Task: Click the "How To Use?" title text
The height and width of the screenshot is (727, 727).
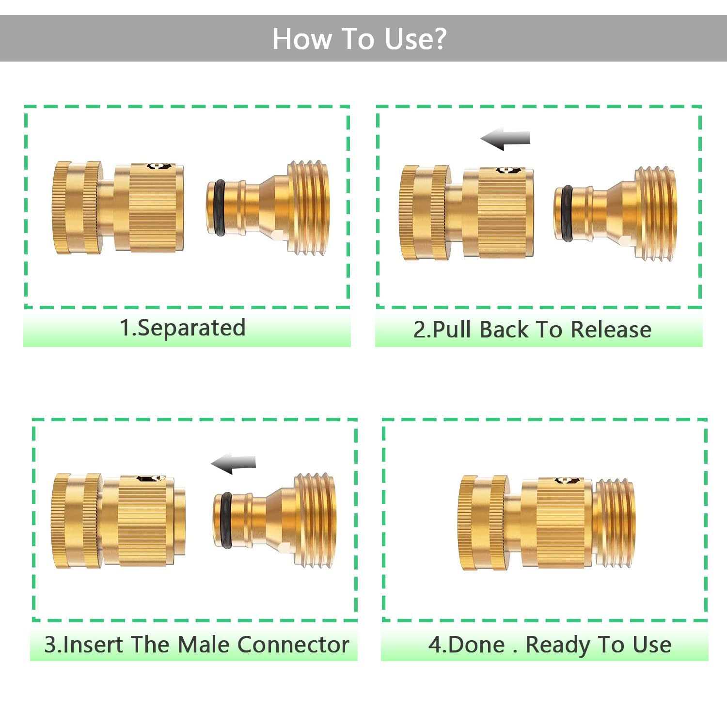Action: [x=359, y=39]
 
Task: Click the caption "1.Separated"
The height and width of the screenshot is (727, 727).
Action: [x=182, y=328]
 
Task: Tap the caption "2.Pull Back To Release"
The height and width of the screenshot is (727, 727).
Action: [x=532, y=330]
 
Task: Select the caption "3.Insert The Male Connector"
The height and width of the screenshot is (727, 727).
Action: [x=196, y=645]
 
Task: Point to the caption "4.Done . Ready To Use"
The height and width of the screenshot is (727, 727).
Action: [x=550, y=645]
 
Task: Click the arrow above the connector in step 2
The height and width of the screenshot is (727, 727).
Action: [x=506, y=139]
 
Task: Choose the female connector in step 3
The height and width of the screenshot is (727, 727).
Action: [x=119, y=521]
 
